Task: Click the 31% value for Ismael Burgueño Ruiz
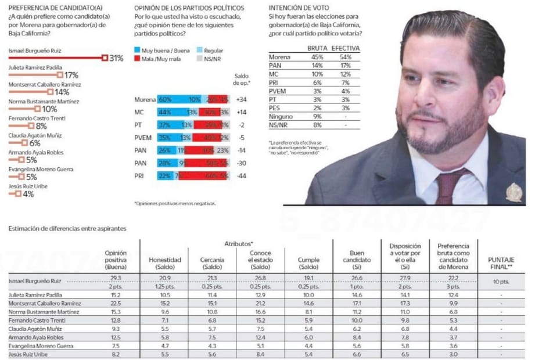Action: [x=116, y=58]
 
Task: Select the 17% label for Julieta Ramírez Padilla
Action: [x=71, y=75]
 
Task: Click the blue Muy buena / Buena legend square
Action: [x=137, y=51]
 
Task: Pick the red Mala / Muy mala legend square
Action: [x=137, y=59]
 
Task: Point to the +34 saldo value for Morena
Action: [x=241, y=100]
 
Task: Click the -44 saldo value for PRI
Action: [x=241, y=175]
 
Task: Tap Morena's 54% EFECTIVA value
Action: [x=345, y=57]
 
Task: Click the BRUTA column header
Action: [x=317, y=48]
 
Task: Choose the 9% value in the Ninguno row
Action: [x=317, y=116]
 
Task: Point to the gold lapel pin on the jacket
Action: [x=514, y=192]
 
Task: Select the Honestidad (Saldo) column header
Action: [x=165, y=263]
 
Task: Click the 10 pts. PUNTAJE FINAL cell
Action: [x=501, y=282]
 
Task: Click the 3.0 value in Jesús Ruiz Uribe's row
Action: [x=453, y=354]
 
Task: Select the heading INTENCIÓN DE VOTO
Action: [x=301, y=8]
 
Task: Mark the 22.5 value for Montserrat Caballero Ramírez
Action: [x=116, y=304]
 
